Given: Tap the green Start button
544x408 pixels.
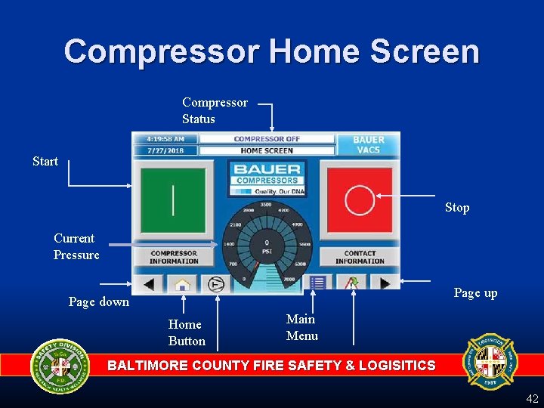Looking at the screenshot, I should coord(173,199).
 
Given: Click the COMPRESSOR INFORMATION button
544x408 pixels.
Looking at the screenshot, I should coord(174,258).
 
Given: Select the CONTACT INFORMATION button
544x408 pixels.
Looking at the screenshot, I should coord(360,258).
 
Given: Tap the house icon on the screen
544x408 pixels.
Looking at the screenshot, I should coord(181,284).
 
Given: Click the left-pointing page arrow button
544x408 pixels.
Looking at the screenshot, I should coord(149,284).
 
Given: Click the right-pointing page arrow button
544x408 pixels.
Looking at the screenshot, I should coord(385,283).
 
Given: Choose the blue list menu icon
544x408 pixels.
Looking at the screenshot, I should coord(317,283).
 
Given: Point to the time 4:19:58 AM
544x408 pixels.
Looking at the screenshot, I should coord(165,139).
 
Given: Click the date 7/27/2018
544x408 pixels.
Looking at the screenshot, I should coord(165,150).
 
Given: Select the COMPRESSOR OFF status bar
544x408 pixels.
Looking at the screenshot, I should coord(267,139).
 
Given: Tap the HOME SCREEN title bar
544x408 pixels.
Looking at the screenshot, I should coord(267,150).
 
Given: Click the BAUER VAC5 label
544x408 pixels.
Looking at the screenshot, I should coord(368,144).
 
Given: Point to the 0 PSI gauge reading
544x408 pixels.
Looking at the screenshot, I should coord(267,247).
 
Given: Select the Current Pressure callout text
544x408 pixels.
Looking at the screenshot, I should coord(76,246).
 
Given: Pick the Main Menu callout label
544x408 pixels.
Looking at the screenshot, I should coord(301,327).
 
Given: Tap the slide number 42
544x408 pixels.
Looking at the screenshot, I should coord(532,398).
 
